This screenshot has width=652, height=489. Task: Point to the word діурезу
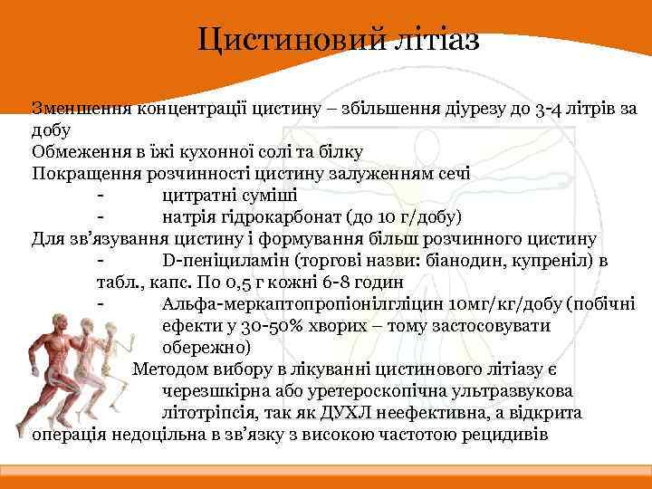[x=450, y=109]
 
